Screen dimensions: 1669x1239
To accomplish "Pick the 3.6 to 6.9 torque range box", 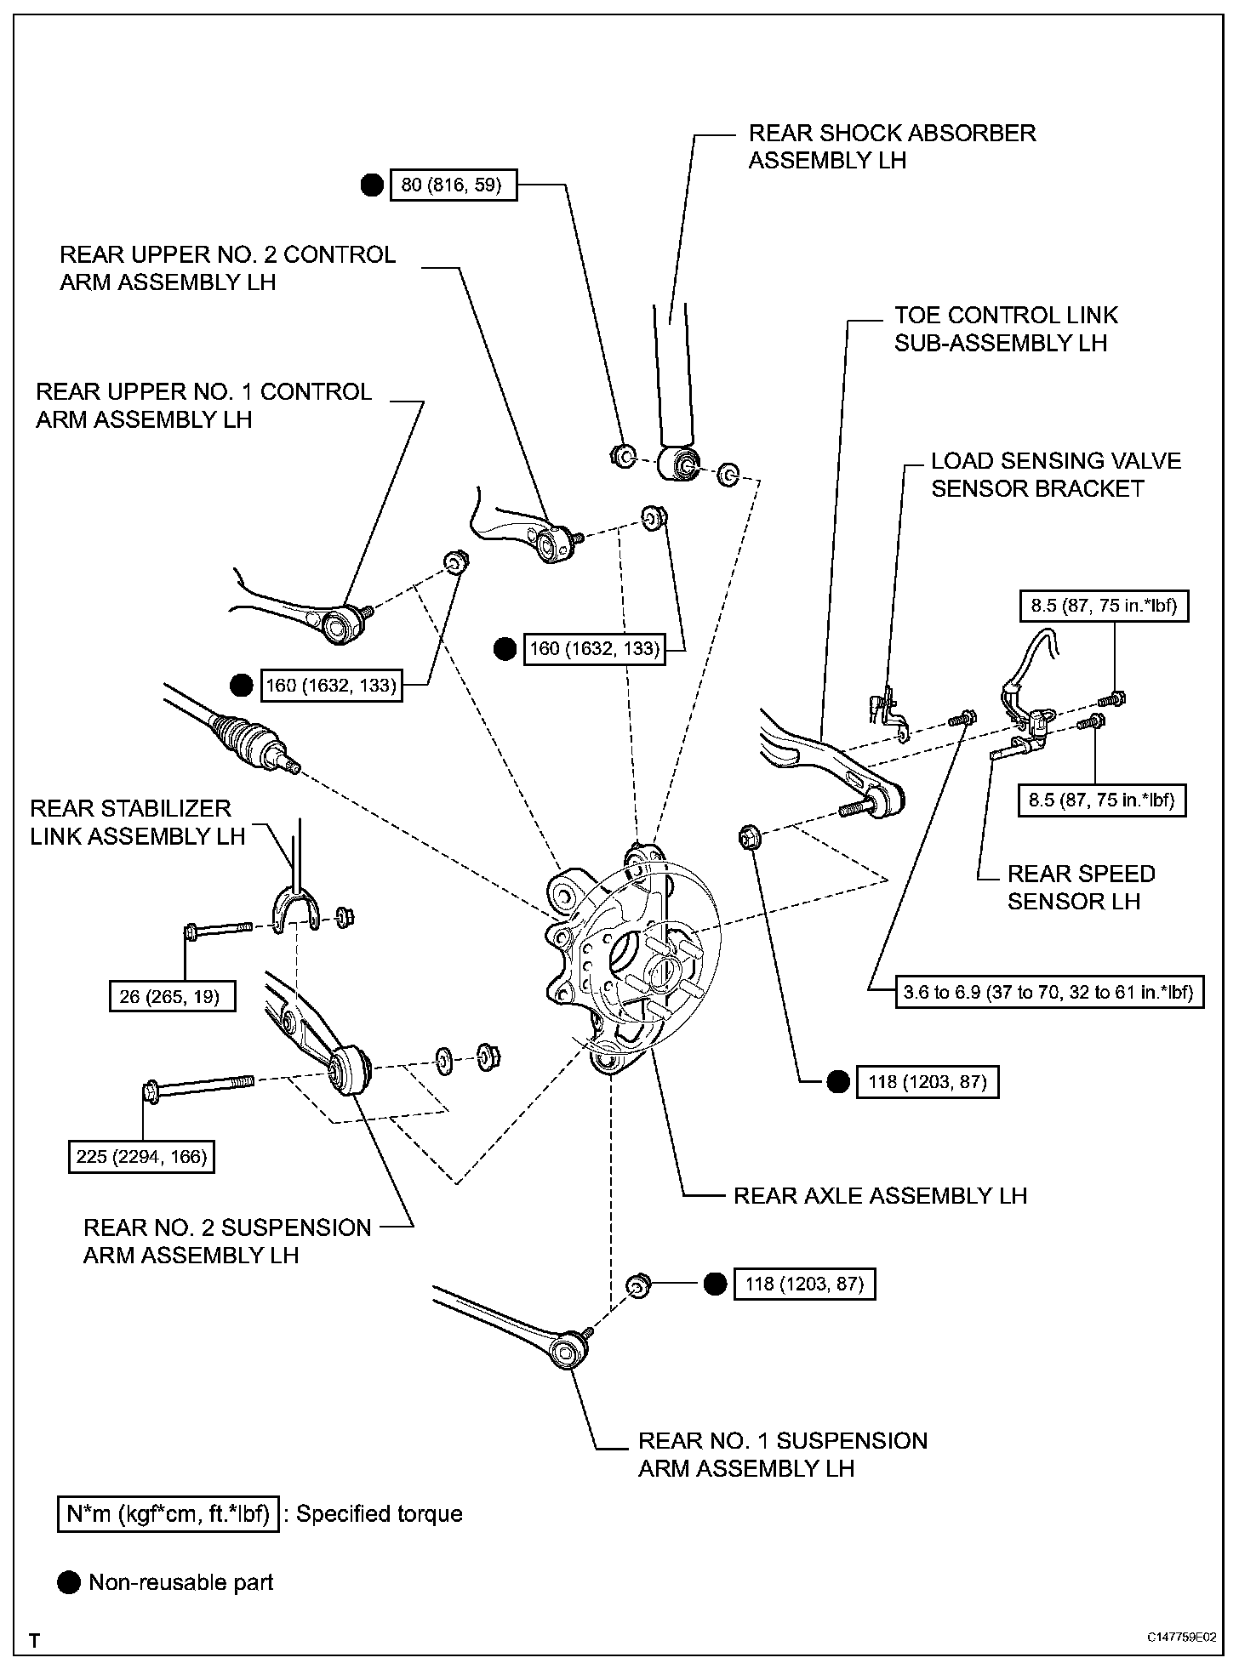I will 1049,991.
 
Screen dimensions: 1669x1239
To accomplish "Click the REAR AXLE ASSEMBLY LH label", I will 880,1195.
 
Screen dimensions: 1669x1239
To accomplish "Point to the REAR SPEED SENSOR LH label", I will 1081,887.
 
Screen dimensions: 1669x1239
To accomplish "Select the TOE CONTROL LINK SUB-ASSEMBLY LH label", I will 1005,329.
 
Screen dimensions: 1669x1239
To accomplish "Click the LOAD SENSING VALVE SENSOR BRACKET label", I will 1055,475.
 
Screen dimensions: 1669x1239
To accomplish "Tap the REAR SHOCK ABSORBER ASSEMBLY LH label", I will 892,146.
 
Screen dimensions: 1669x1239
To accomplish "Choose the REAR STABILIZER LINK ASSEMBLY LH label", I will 137,822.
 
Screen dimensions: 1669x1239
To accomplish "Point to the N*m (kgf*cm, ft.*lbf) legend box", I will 168,1513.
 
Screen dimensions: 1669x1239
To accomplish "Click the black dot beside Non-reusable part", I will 69,1582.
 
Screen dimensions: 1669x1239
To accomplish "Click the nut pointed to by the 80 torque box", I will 623,456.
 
